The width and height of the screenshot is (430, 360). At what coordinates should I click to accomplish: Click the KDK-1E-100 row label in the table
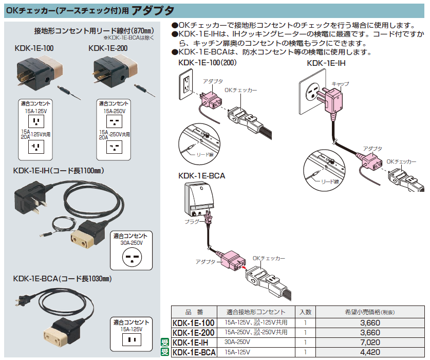tap(193, 323)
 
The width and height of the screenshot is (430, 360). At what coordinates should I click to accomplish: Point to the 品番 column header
tap(193, 312)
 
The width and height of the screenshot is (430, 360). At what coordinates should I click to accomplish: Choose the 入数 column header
tap(305, 312)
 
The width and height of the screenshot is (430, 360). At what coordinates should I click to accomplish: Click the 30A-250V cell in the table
tap(237, 343)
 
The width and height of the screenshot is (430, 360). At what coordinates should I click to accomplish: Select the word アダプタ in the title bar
tap(153, 10)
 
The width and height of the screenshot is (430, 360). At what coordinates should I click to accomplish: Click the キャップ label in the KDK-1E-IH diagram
tap(340, 83)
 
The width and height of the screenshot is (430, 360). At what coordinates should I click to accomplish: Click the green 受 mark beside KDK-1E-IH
tap(165, 343)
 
